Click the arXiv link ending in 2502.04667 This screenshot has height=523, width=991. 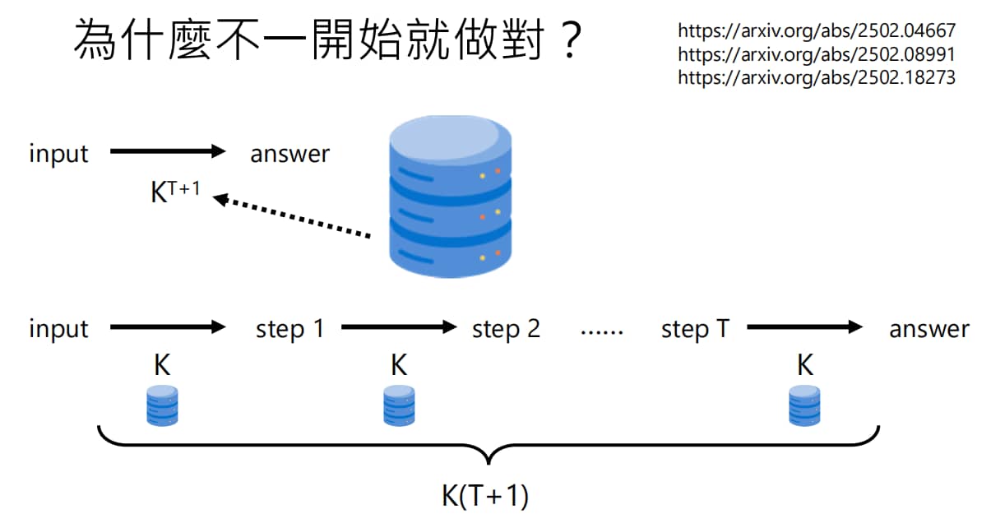pyautogui.click(x=817, y=31)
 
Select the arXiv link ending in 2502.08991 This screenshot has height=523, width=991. pyautogui.click(x=817, y=54)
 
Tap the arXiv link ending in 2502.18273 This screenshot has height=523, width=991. pyautogui.click(x=817, y=78)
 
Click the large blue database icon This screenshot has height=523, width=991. pyautogui.click(x=451, y=197)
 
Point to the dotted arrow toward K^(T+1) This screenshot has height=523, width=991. pyautogui.click(x=292, y=217)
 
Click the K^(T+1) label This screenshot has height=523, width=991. pyautogui.click(x=175, y=192)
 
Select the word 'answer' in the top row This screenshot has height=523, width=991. pyautogui.click(x=289, y=155)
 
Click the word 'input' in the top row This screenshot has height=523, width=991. pyautogui.click(x=58, y=155)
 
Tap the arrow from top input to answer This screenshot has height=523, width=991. pyautogui.click(x=168, y=151)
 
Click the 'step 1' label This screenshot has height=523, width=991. pyautogui.click(x=290, y=329)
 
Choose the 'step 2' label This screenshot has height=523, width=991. pyautogui.click(x=506, y=329)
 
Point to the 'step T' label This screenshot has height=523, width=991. pyautogui.click(x=695, y=329)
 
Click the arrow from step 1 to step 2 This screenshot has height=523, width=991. pyautogui.click(x=399, y=327)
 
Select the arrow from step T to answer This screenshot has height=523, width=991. pyautogui.click(x=805, y=327)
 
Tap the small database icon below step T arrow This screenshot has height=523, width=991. pyautogui.click(x=804, y=405)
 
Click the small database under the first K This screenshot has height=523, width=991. pyautogui.click(x=162, y=405)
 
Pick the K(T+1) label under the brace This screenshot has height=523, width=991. pyautogui.click(x=485, y=496)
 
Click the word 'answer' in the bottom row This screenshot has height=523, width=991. pyautogui.click(x=929, y=330)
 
